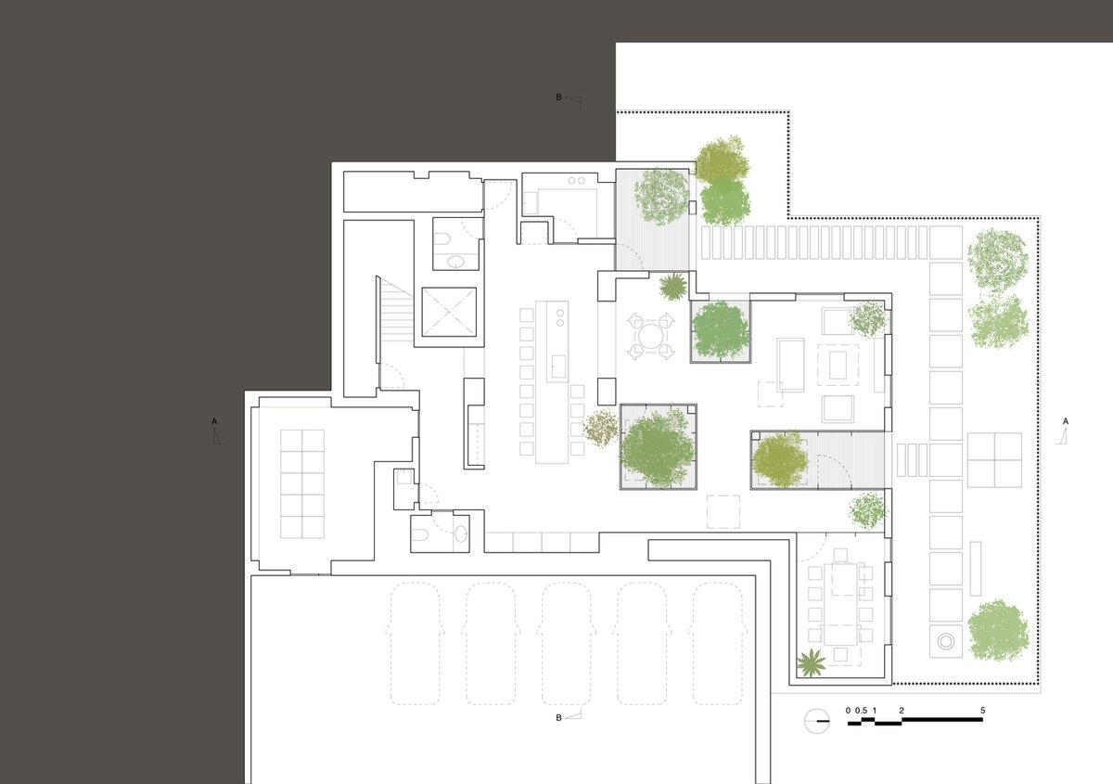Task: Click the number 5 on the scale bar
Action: click(x=982, y=711)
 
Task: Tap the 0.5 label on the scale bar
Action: click(x=861, y=711)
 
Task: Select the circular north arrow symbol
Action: click(x=817, y=720)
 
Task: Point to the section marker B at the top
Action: click(x=558, y=97)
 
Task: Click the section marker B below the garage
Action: click(x=558, y=718)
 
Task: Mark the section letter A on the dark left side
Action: click(x=214, y=421)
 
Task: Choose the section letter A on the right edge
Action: click(x=1066, y=421)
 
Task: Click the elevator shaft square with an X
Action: click(x=449, y=312)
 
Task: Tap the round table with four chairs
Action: click(x=650, y=336)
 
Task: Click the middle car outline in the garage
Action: click(x=566, y=644)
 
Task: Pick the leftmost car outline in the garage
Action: click(x=415, y=644)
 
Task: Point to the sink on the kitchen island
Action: click(x=558, y=366)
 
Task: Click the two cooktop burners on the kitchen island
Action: click(x=560, y=317)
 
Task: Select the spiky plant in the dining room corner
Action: click(x=811, y=662)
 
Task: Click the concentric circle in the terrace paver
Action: click(x=945, y=641)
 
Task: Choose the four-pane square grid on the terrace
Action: click(x=994, y=460)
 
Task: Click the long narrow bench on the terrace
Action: click(x=976, y=569)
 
